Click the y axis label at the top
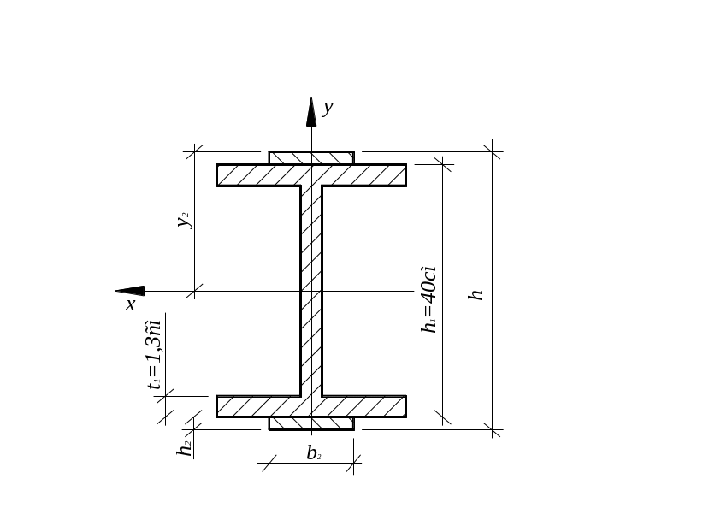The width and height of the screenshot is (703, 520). pyautogui.click(x=328, y=108)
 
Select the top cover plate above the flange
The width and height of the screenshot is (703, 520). pyautogui.click(x=311, y=158)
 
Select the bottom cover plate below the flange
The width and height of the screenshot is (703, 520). pyautogui.click(x=311, y=422)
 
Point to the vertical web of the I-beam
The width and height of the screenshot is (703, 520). pyautogui.click(x=310, y=291)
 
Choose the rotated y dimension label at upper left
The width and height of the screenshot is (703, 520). pyautogui.click(x=183, y=221)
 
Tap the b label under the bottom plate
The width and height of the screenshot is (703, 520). pyautogui.click(x=314, y=453)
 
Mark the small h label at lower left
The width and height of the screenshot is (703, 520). pyautogui.click(x=184, y=448)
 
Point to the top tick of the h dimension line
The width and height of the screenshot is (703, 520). pyautogui.click(x=493, y=151)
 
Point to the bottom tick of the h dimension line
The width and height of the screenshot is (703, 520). pyautogui.click(x=493, y=429)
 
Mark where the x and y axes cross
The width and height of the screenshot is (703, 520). pyautogui.click(x=311, y=291)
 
